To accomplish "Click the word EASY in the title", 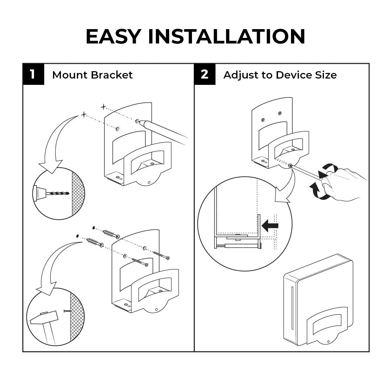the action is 113,36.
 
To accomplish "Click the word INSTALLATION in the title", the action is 227,36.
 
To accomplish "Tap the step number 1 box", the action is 33,74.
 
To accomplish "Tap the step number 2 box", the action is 205,74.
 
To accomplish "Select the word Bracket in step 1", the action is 112,75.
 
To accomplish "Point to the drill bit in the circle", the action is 58,193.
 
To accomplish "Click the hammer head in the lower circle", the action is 44,317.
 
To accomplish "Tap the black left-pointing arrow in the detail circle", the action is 270,225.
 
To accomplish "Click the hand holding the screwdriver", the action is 344,184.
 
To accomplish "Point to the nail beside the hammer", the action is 68,311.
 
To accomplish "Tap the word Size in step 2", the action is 326,75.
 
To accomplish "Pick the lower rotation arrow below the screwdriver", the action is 319,192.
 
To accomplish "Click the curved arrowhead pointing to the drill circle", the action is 51,166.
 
